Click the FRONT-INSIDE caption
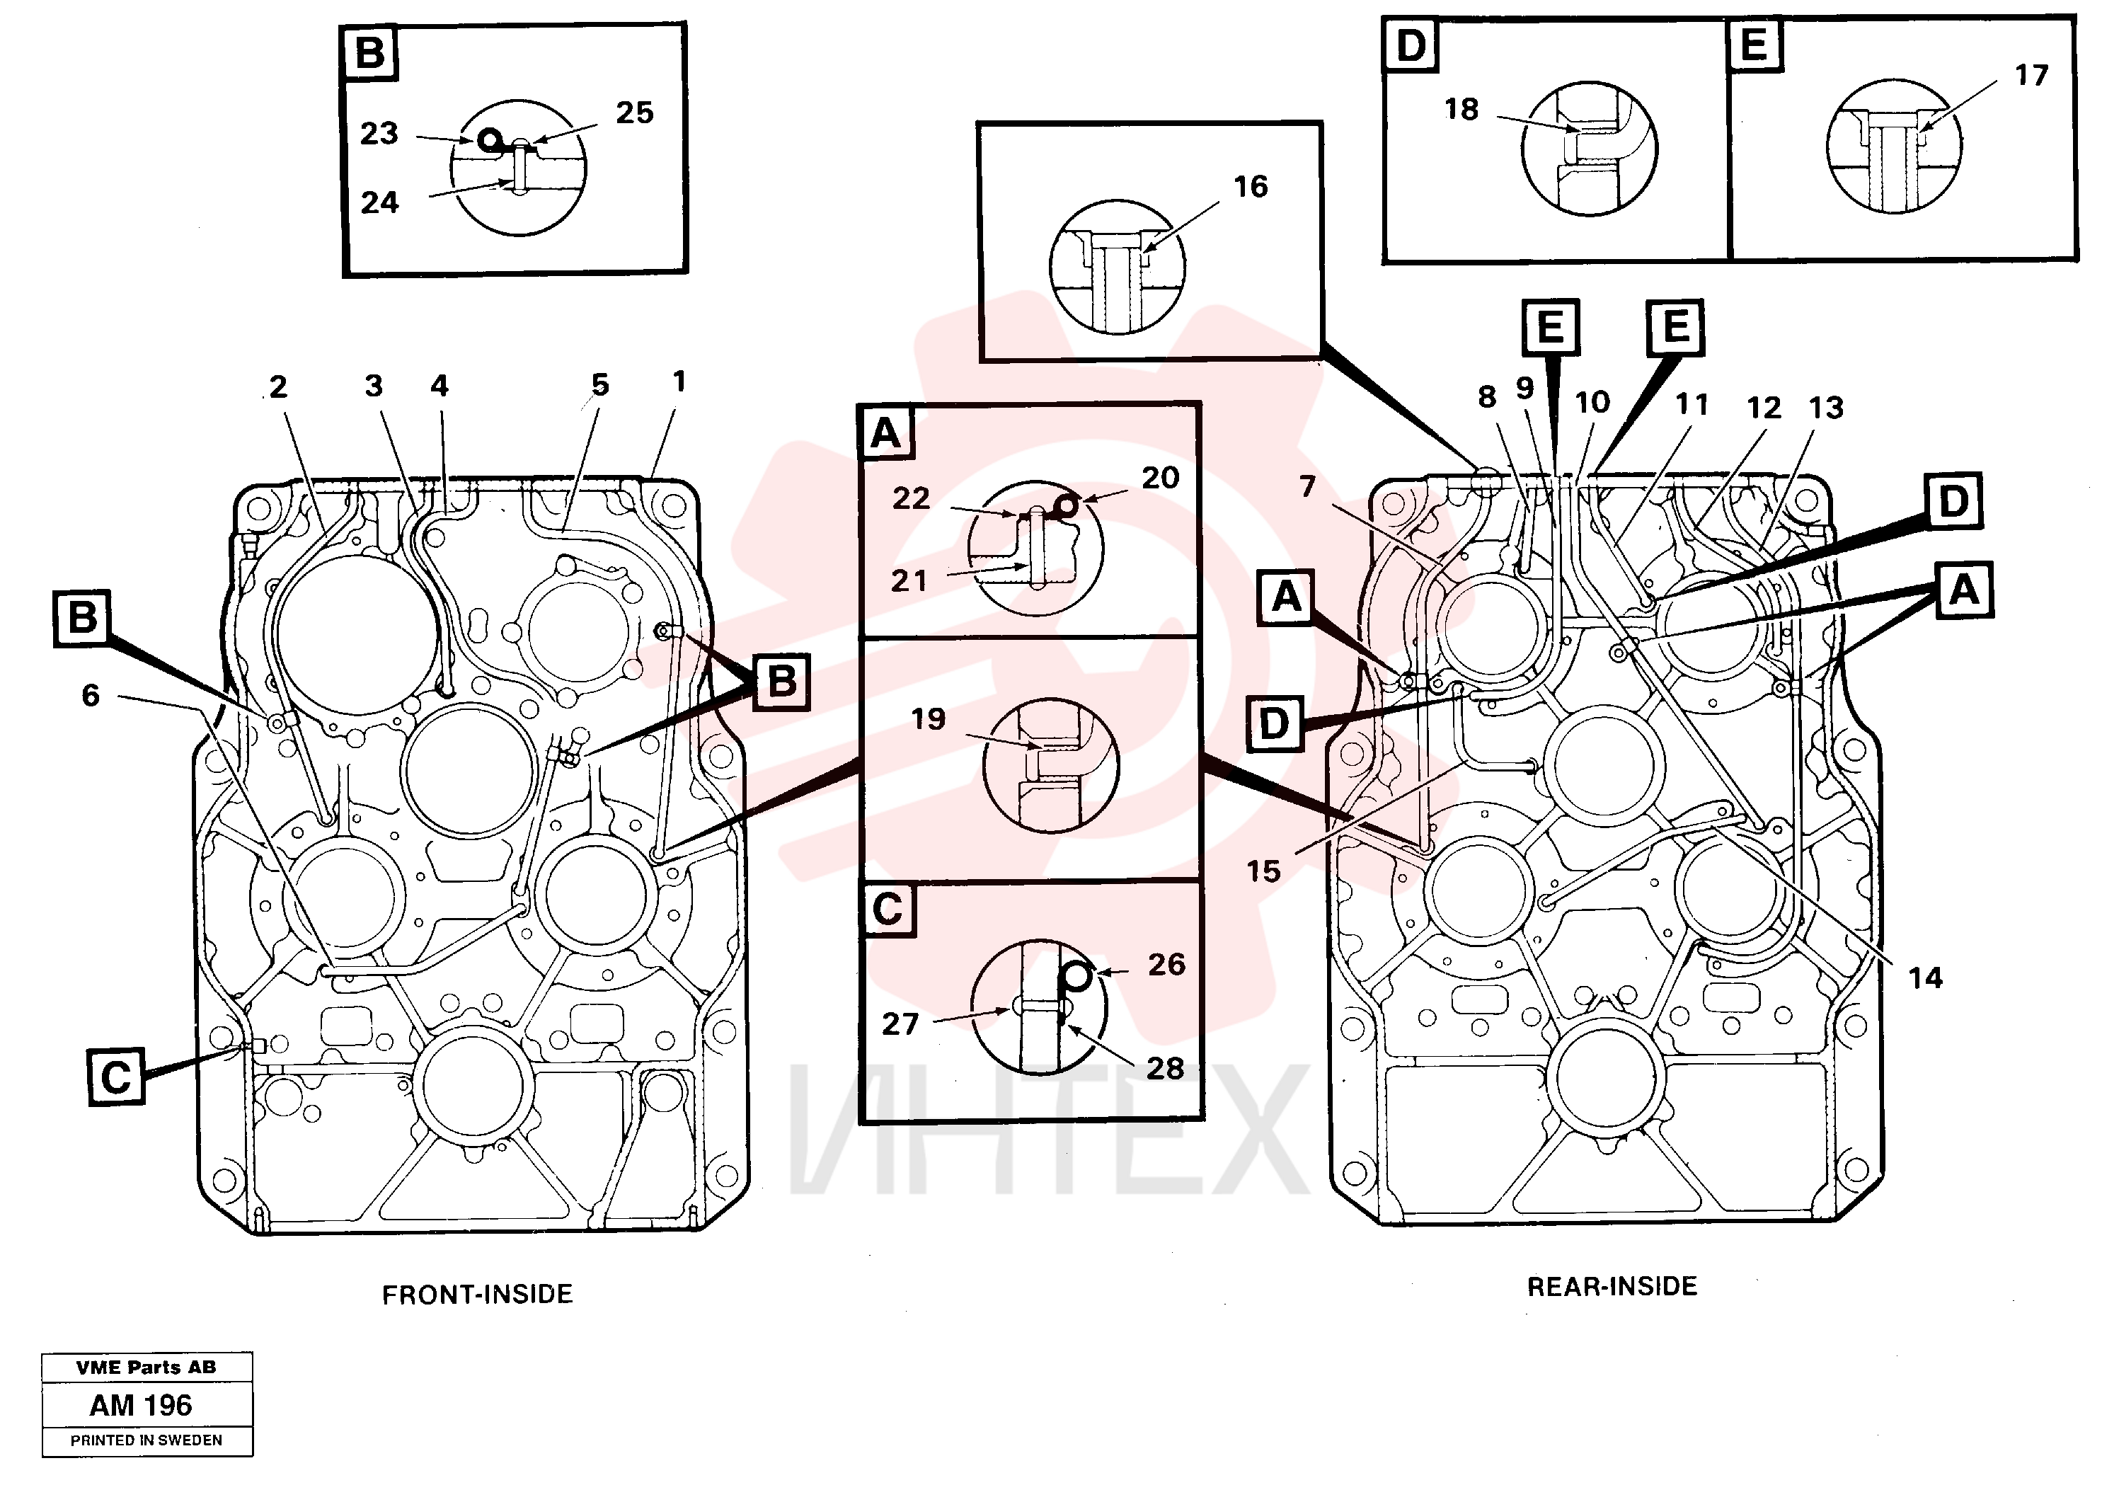(477, 1294)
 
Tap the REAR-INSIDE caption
(1612, 1286)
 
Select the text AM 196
(141, 1405)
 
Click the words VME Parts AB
(147, 1368)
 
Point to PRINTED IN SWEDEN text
(147, 1440)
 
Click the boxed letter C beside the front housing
(116, 1077)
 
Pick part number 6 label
(91, 695)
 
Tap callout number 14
(1925, 977)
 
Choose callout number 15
(1263, 871)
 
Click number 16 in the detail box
(1251, 187)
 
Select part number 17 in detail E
(2031, 75)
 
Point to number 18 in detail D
(1461, 109)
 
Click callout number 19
(927, 718)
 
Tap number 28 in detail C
(1166, 1067)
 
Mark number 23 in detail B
(379, 134)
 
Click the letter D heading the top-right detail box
(1411, 45)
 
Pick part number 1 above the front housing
(679, 382)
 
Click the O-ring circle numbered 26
(1078, 977)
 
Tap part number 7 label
(1307, 486)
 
